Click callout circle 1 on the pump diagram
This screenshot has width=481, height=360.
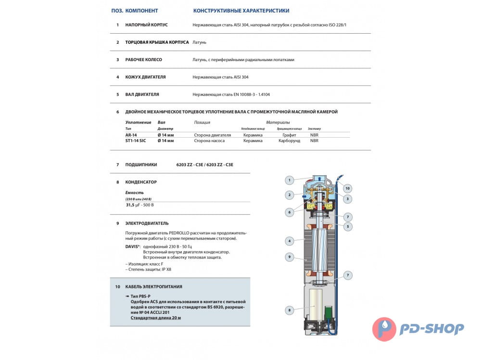(289, 180)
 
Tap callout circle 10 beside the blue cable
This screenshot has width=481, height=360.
(348, 188)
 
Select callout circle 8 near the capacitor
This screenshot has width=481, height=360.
(289, 310)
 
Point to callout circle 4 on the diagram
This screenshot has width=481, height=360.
(289, 241)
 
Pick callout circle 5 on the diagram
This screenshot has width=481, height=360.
(348, 226)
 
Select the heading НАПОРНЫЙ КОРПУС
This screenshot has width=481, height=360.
(146, 25)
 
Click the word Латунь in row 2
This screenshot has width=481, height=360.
(199, 42)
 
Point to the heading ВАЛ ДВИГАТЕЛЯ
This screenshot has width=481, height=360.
(142, 94)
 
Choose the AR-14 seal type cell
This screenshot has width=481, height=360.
(131, 135)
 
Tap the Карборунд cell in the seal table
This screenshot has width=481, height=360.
(289, 141)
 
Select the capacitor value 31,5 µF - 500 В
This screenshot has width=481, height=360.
(140, 205)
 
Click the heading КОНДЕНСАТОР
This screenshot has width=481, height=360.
(141, 182)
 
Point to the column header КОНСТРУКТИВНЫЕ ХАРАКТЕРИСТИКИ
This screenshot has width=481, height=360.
(241, 10)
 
